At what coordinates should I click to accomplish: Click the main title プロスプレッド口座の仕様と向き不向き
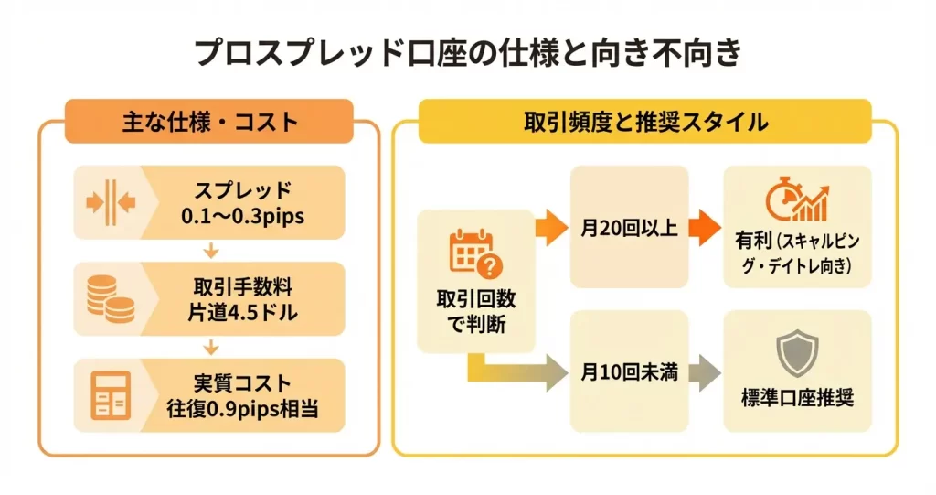[x=467, y=53]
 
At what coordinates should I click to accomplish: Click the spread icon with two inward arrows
[x=110, y=202]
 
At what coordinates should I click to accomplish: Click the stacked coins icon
[x=109, y=299]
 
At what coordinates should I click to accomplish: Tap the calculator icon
[x=110, y=395]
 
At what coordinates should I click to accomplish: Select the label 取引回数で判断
[x=474, y=311]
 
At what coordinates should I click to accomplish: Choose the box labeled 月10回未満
[x=629, y=372]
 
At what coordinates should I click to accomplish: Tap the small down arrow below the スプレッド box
[x=211, y=250]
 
